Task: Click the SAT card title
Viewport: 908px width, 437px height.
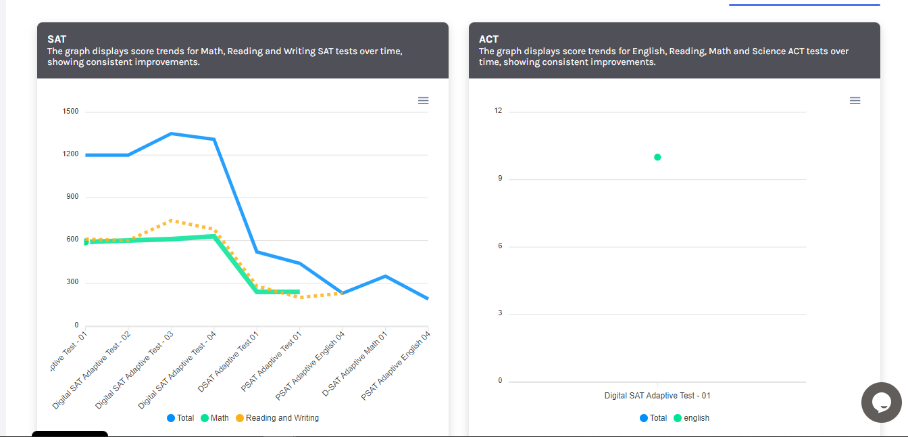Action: (x=57, y=39)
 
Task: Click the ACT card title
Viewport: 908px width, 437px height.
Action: (x=488, y=39)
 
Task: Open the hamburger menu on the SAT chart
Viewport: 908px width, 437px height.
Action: (x=423, y=101)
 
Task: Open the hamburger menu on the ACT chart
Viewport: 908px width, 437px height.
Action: (x=855, y=101)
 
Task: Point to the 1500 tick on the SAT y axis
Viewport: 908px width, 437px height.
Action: (x=71, y=111)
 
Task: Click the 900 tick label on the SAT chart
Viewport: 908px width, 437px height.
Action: (x=71, y=197)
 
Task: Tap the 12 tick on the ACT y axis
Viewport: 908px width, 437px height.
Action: (x=499, y=111)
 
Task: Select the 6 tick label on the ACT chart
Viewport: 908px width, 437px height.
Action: (x=500, y=246)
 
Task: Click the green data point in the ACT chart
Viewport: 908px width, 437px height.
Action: (x=657, y=157)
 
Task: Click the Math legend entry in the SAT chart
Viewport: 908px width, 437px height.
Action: (x=215, y=418)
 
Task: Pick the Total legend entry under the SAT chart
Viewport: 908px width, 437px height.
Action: (x=180, y=418)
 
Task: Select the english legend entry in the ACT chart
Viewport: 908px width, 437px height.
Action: (x=691, y=418)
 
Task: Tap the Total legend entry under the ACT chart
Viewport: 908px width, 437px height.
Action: (x=653, y=418)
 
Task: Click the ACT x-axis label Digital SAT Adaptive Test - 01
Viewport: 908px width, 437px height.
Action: (x=657, y=396)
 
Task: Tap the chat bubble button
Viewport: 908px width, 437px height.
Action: (x=882, y=402)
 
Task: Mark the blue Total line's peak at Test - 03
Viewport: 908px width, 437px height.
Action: (x=172, y=133)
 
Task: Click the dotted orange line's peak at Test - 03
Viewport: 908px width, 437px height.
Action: (x=172, y=220)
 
